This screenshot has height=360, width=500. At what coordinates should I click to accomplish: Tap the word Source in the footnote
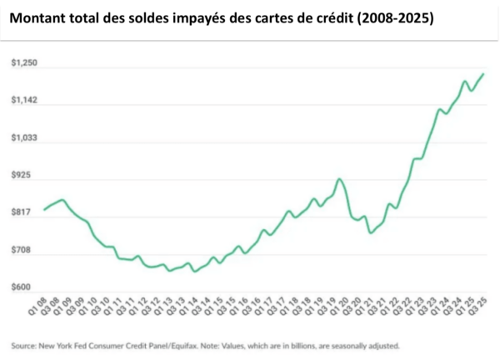pos(23,345)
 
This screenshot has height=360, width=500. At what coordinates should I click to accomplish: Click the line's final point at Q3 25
pos(483,74)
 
